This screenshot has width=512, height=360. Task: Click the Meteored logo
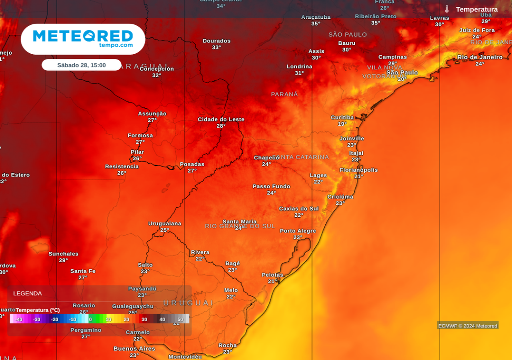[x=83, y=38]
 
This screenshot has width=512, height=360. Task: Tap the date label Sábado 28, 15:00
[x=81, y=65]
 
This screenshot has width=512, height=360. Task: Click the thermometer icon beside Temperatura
[x=447, y=9]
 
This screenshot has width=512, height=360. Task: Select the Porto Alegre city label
[x=298, y=231]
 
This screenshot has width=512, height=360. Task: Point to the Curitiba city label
[x=342, y=118]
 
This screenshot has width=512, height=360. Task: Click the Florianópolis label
[x=359, y=170]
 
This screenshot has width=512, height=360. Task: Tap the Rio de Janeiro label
[x=480, y=57]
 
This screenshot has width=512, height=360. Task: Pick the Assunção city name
[x=152, y=114]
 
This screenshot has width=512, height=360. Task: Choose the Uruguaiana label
[x=165, y=224]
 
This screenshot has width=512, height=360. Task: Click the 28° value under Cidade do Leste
[x=221, y=126]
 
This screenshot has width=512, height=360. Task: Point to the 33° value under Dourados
[x=216, y=47]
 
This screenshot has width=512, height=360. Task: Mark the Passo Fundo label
[x=271, y=187]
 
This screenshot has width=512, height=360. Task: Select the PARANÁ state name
[x=284, y=94]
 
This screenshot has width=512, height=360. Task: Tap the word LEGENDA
[x=28, y=293]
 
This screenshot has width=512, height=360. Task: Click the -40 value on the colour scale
[x=19, y=319]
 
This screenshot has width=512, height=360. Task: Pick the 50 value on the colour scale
[x=180, y=319]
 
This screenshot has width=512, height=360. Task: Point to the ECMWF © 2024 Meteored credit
[x=468, y=326]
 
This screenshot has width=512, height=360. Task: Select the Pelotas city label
[x=272, y=275]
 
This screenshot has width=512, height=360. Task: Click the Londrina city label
[x=299, y=66]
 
